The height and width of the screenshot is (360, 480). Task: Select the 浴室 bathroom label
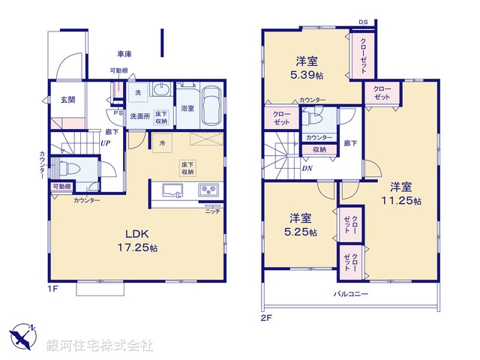point(187,109)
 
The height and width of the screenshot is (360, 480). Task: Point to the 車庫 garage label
point(124,55)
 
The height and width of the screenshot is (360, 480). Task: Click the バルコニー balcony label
point(351,294)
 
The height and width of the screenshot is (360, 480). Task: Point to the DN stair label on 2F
point(307,168)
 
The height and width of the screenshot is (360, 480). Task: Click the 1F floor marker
point(53,287)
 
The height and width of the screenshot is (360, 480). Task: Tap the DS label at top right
point(363,21)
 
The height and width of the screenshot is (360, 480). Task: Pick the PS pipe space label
point(118,113)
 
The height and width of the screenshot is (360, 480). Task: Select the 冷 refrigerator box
point(161,142)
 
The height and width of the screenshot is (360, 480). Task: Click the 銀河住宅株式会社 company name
point(99,345)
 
